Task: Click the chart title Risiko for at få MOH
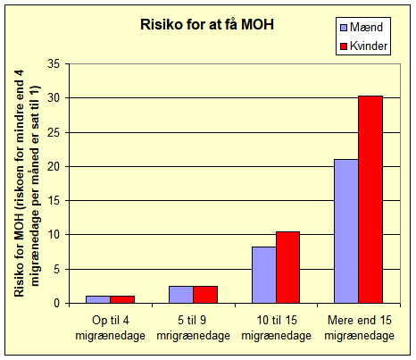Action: (207, 24)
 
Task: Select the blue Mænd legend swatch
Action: (344, 28)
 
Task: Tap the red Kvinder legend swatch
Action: (344, 46)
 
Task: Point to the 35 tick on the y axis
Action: (54, 63)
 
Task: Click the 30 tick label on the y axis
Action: (54, 98)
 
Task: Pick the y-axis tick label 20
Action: (54, 166)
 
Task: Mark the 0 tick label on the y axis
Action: (57, 304)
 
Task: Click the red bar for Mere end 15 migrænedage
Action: (370, 200)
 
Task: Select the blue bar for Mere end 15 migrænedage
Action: (346, 231)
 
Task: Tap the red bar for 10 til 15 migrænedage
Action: (287, 268)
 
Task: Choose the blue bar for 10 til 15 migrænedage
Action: (264, 275)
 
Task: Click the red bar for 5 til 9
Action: (205, 295)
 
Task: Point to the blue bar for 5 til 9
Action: (181, 295)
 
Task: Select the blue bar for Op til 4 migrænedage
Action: (98, 300)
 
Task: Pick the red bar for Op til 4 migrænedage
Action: (122, 300)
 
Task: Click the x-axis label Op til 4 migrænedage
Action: (111, 328)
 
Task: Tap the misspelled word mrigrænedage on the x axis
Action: (194, 336)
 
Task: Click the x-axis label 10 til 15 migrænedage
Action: (277, 328)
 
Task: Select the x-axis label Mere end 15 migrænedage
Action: (360, 328)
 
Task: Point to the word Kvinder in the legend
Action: (369, 46)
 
